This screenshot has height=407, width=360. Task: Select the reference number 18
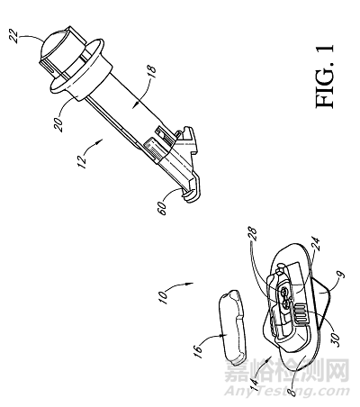click(x=152, y=72)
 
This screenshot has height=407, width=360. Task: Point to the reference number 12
click(x=82, y=161)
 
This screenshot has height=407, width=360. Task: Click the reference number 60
click(x=161, y=208)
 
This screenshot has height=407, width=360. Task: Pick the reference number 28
click(x=252, y=234)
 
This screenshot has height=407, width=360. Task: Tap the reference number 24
click(x=315, y=244)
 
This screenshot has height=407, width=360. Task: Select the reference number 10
click(x=163, y=297)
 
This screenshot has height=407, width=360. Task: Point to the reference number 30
click(x=337, y=339)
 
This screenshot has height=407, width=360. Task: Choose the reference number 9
click(x=342, y=276)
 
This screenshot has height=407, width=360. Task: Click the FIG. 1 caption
click(x=324, y=77)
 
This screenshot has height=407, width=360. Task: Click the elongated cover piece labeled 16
click(x=232, y=326)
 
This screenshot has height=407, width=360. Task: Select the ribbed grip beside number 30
click(x=301, y=314)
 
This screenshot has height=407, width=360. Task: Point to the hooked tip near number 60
click(x=190, y=195)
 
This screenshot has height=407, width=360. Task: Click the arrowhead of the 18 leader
click(x=136, y=104)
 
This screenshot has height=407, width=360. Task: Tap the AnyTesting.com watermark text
click(x=287, y=391)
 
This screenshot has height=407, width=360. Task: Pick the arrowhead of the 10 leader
click(x=190, y=283)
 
